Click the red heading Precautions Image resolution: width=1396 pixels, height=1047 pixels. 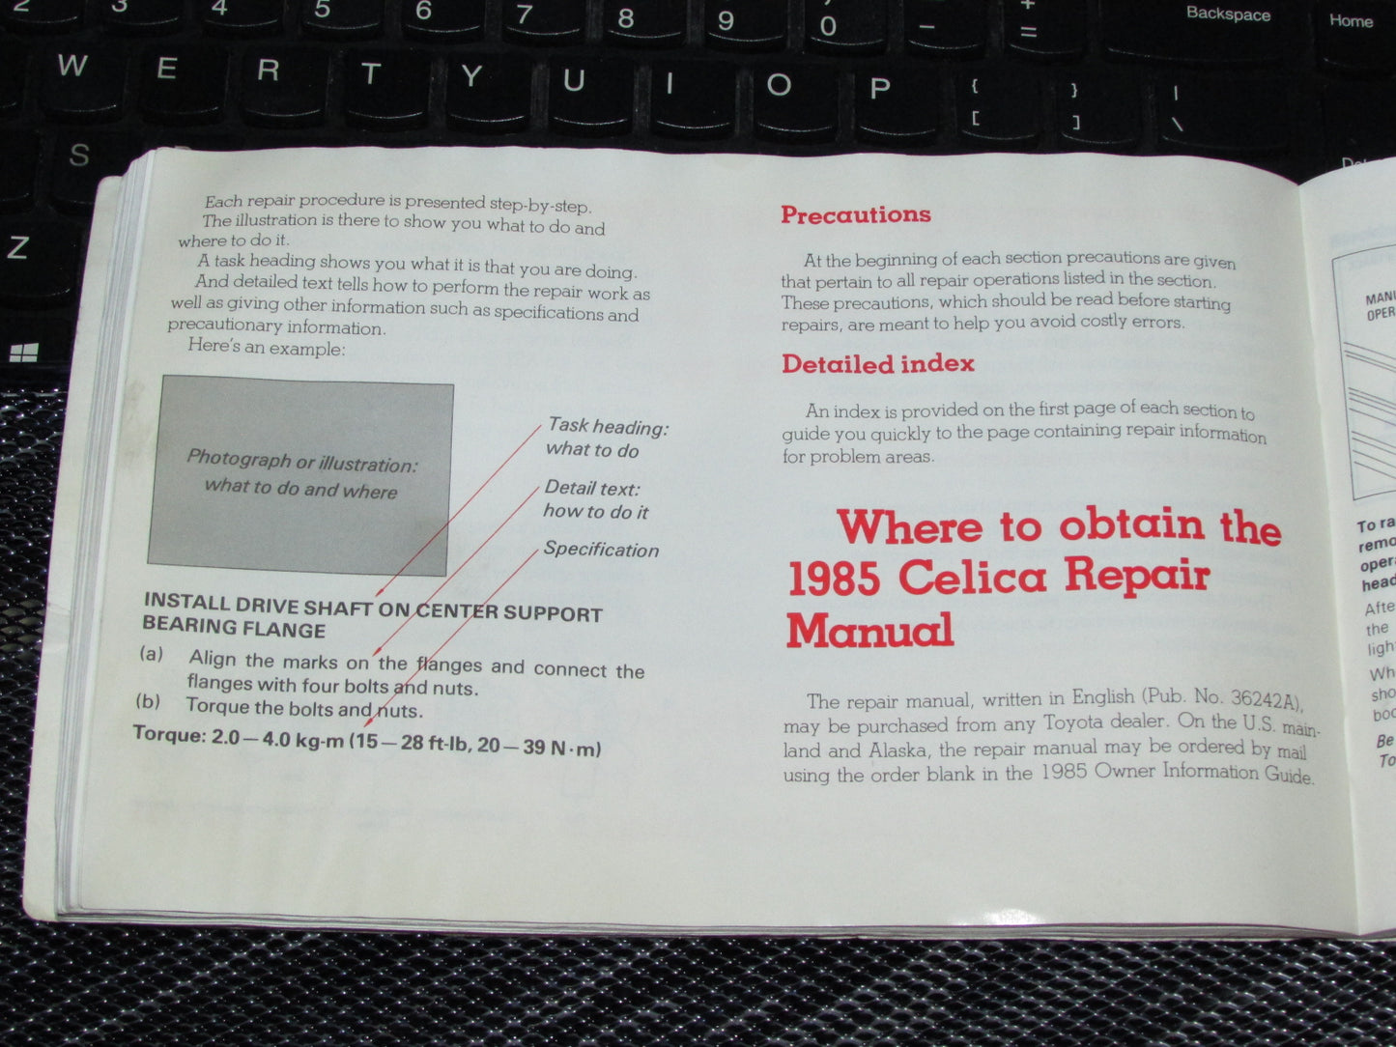click(x=855, y=214)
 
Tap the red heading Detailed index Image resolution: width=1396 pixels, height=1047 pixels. click(x=877, y=364)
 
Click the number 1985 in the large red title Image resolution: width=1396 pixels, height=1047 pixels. click(x=834, y=579)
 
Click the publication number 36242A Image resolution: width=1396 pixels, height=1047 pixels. click(x=1255, y=699)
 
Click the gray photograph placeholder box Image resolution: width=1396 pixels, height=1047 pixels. click(x=299, y=474)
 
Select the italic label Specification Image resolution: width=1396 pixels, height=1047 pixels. click(x=601, y=550)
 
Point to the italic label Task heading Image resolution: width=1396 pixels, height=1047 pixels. click(x=608, y=426)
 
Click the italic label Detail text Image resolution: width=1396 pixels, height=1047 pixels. click(x=591, y=489)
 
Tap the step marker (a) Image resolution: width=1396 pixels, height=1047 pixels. click(x=152, y=655)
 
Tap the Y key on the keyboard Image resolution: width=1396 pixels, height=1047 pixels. click(x=471, y=77)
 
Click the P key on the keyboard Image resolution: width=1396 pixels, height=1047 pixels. click(x=878, y=89)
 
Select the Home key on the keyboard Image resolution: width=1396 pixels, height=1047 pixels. click(x=1350, y=21)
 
